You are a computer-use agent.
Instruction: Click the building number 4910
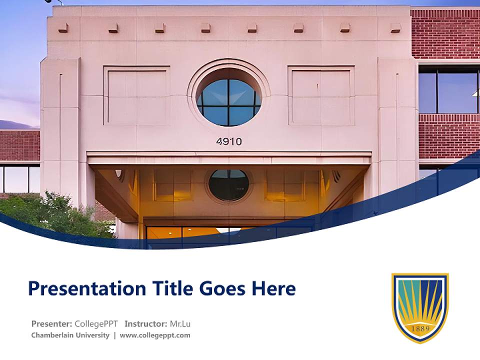coord(229,141)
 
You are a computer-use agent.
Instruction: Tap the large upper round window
coord(228,102)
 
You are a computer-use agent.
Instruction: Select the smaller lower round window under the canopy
coord(228,184)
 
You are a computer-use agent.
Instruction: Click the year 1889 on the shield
coord(419,328)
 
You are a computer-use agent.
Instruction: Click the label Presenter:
coord(51,323)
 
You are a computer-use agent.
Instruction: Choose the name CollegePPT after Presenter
coord(96,323)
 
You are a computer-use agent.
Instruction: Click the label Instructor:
coord(145,323)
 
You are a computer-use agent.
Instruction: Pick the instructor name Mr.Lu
coord(180,323)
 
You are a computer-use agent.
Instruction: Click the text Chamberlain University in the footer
coord(70,335)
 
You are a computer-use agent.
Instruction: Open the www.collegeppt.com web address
coord(155,335)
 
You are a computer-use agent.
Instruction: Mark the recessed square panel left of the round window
coord(136,96)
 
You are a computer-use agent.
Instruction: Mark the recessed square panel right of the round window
coord(321,96)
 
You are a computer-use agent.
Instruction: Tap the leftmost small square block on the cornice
coord(63,28)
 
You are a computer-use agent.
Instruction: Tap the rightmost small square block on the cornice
coord(395,28)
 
